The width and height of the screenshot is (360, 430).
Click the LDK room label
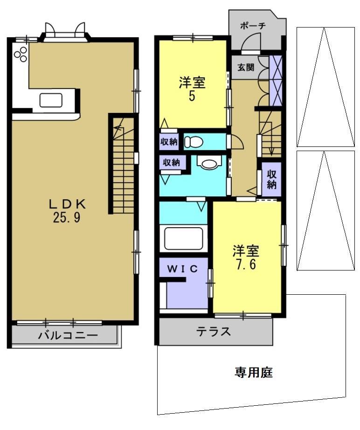[68, 204]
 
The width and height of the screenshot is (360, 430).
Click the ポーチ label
[253, 26]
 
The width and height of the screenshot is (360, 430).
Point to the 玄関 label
[246, 67]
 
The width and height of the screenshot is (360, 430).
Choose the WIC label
[183, 269]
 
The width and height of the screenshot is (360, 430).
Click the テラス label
[214, 332]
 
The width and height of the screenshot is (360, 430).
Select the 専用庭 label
[253, 373]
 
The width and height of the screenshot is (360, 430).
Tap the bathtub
[183, 239]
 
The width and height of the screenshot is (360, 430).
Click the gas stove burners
[20, 54]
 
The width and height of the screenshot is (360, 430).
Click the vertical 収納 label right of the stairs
[272, 179]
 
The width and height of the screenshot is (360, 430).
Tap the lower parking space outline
[325, 210]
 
